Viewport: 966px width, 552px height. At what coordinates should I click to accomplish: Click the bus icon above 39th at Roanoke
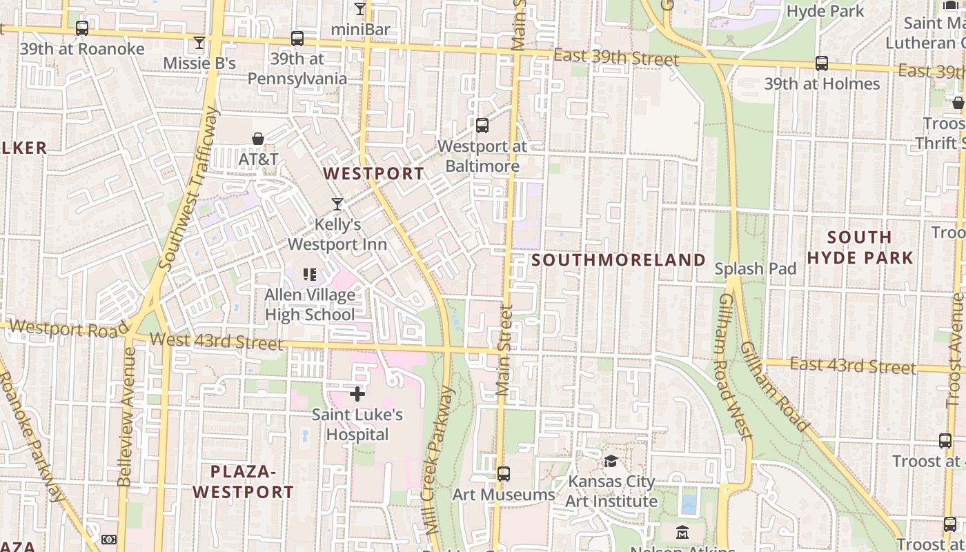click(x=82, y=28)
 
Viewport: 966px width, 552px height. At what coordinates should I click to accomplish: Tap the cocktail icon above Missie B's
click(x=199, y=43)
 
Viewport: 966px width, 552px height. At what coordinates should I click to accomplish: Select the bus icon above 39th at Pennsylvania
click(x=297, y=39)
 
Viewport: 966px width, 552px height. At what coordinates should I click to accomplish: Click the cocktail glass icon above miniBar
click(x=359, y=9)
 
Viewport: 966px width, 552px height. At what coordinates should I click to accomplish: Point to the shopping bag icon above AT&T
click(x=258, y=139)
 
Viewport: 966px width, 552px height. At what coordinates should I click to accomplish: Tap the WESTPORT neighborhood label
click(x=374, y=173)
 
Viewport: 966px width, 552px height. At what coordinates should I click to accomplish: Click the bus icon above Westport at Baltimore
click(x=482, y=126)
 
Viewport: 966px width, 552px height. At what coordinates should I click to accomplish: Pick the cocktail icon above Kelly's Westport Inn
click(x=337, y=204)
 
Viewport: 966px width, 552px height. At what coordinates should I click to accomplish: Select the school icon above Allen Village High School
click(x=310, y=275)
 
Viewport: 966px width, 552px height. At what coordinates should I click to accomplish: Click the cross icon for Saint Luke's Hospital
click(x=357, y=394)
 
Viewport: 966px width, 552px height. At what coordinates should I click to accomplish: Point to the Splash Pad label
click(x=756, y=269)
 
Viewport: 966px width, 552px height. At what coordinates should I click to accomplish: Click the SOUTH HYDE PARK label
click(x=860, y=248)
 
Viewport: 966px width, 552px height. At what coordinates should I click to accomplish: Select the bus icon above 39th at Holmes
click(x=822, y=63)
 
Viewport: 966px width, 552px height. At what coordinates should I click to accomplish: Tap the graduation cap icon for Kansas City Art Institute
click(x=611, y=460)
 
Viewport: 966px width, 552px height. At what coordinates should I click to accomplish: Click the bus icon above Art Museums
click(x=504, y=474)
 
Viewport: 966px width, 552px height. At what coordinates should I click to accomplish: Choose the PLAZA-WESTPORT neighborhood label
click(x=243, y=482)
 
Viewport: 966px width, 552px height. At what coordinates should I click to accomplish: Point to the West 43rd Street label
click(x=216, y=341)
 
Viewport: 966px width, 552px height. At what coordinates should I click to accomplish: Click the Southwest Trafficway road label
click(x=188, y=188)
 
